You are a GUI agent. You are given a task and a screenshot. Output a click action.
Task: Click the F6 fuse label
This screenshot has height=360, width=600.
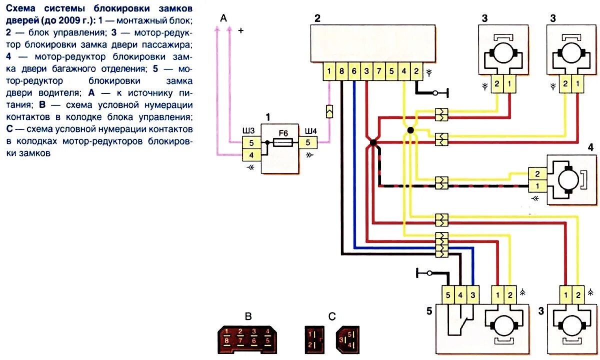(x=283, y=133)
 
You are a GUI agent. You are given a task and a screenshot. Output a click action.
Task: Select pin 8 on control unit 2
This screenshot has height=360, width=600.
(x=341, y=70)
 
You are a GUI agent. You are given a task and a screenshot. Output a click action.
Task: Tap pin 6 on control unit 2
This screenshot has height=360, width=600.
(x=354, y=70)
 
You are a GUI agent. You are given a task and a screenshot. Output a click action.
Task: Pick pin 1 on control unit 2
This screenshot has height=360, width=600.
(x=329, y=70)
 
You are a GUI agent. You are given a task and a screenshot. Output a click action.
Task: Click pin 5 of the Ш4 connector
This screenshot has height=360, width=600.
(x=307, y=142)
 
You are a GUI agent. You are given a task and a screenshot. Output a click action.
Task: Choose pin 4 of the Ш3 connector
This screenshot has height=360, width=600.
(x=251, y=154)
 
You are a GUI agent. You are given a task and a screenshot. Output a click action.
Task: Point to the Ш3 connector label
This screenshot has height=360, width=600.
(x=248, y=131)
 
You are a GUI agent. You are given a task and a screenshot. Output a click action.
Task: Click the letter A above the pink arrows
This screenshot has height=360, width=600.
(x=223, y=18)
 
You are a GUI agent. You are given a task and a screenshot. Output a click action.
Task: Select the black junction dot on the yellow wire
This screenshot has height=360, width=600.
(x=410, y=130)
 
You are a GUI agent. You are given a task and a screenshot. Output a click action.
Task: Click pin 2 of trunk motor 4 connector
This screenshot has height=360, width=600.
(x=537, y=174)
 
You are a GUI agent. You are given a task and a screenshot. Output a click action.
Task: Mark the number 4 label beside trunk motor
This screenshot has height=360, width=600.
(x=590, y=148)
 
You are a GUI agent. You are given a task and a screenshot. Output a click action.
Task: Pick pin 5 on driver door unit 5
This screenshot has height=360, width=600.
(x=448, y=295)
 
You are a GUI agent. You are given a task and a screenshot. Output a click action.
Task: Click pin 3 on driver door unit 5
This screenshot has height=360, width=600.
(x=473, y=295)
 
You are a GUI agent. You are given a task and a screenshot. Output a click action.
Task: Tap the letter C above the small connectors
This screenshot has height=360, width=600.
(x=332, y=316)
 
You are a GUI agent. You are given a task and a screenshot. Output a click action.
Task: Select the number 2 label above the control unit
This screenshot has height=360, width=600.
(x=317, y=18)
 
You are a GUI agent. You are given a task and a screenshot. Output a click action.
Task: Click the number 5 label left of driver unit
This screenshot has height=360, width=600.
(x=429, y=311)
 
